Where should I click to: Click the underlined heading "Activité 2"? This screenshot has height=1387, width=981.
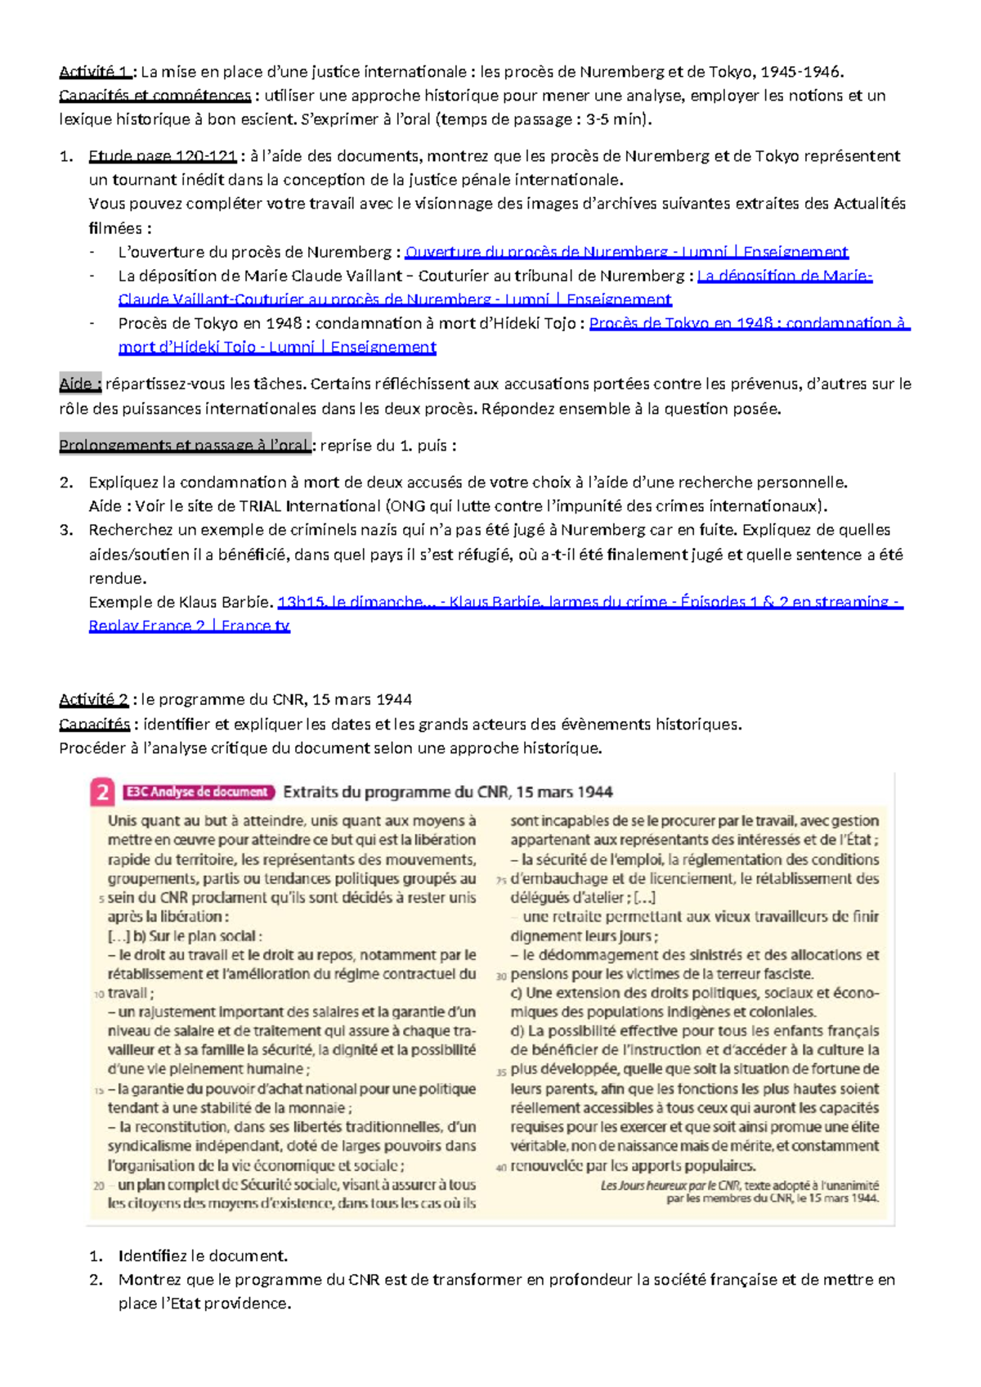click(x=93, y=700)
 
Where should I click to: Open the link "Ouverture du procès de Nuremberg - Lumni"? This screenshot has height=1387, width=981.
click(x=626, y=252)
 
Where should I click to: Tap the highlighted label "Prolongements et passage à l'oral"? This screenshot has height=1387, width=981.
click(x=185, y=446)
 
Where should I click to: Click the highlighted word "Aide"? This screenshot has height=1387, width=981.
click(x=79, y=384)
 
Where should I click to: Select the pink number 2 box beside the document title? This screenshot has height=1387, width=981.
click(x=102, y=792)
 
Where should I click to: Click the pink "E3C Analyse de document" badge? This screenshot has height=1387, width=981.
click(x=198, y=792)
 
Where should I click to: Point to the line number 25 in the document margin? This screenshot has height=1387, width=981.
click(x=501, y=881)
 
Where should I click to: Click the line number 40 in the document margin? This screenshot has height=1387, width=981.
click(x=501, y=1168)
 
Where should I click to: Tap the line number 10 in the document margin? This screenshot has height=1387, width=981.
click(x=99, y=994)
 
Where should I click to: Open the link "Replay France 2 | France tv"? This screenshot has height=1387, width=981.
click(x=189, y=626)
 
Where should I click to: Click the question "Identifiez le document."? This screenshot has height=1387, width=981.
click(x=203, y=1256)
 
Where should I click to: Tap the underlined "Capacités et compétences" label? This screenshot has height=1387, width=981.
click(x=155, y=96)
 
